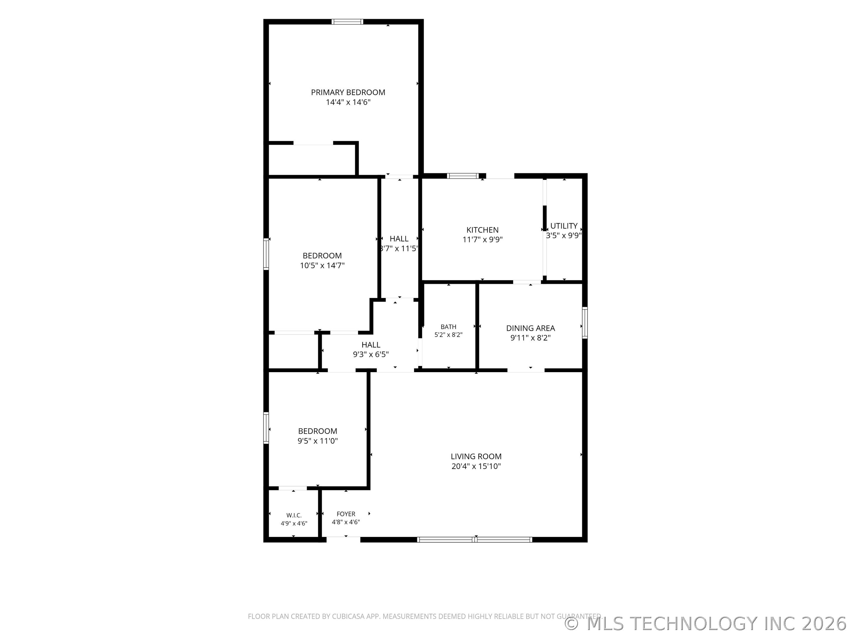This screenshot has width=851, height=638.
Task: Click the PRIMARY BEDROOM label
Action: (348, 92)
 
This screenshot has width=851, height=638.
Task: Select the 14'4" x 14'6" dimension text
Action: (348, 102)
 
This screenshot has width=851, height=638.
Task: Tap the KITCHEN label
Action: (483, 230)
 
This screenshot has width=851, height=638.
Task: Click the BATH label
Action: (449, 327)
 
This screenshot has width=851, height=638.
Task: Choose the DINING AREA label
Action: (530, 328)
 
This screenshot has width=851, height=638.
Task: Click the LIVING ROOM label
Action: (476, 456)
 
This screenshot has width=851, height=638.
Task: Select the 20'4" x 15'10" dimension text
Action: (476, 466)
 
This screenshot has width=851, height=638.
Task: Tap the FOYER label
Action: (346, 514)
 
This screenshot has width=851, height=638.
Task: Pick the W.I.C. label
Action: (294, 515)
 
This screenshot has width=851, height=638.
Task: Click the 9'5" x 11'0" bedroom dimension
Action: (317, 441)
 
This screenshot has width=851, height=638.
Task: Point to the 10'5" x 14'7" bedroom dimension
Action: (322, 265)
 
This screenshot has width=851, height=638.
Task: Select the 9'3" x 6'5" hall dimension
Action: (371, 354)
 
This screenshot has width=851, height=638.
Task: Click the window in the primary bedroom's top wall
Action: (347, 22)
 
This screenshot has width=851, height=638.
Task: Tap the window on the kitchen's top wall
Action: (463, 176)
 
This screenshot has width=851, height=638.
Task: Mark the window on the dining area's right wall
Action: (585, 323)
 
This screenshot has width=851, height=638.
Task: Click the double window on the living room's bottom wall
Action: (475, 540)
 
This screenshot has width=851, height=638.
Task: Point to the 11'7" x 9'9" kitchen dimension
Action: (483, 240)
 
